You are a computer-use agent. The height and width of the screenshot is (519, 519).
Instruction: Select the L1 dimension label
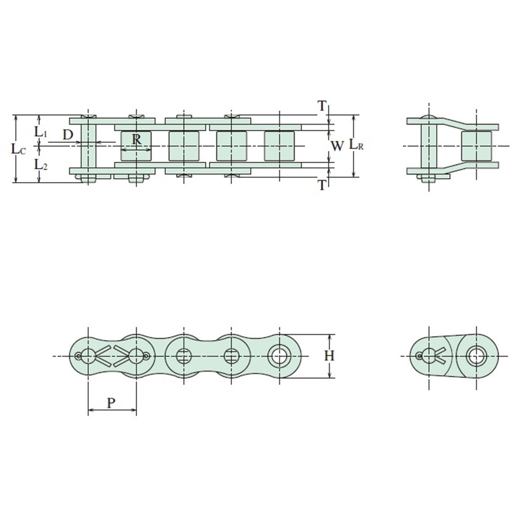pyautogui.click(x=40, y=132)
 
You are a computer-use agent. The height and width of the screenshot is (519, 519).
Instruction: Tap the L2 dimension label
pyautogui.click(x=40, y=164)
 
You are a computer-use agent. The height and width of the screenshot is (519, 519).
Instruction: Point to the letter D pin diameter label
pyautogui.click(x=68, y=135)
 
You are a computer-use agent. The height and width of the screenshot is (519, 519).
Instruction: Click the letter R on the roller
pyautogui.click(x=136, y=139)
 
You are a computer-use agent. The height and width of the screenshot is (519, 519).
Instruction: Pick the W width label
pyautogui.click(x=337, y=146)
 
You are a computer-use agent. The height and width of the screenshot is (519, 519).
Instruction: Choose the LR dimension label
pyautogui.click(x=356, y=145)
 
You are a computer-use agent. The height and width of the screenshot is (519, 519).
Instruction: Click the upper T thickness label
pyautogui.click(x=322, y=106)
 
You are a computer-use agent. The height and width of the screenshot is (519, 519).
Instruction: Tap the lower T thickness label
pyautogui.click(x=322, y=185)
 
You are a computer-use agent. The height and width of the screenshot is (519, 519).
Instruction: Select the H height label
pyautogui.click(x=329, y=356)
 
